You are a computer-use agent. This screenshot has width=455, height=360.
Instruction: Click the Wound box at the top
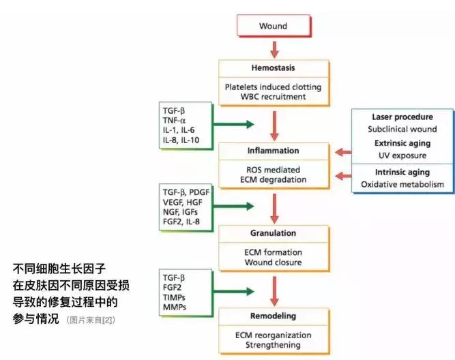point(273,27)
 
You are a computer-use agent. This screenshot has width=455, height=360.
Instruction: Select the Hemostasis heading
point(273,70)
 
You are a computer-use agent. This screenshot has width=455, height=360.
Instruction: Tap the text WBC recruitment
point(273,97)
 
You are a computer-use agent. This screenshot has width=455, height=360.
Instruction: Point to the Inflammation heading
point(273,150)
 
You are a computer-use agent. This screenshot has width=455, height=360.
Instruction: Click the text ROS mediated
point(273,170)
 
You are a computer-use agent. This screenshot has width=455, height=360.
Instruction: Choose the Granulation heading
point(273,232)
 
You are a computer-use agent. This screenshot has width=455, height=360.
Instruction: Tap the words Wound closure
point(273,262)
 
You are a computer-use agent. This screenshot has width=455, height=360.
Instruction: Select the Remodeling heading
point(273,316)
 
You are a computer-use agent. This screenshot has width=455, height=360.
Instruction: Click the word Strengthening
point(273,344)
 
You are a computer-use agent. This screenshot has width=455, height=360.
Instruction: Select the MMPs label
point(175,307)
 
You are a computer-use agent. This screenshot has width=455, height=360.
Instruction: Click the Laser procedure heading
point(402,117)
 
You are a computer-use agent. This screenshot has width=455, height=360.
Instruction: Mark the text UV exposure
point(402,155)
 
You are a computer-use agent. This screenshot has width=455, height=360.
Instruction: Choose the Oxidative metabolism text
point(402,184)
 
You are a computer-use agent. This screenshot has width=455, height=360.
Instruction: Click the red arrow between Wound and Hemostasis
point(274,48)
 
